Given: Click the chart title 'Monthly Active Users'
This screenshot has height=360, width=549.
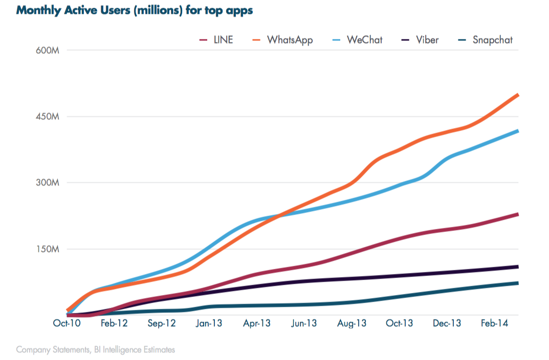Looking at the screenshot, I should click(x=135, y=10).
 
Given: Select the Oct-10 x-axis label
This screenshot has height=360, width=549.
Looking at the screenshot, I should click(x=67, y=324).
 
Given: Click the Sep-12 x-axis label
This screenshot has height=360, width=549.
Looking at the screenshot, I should click(x=162, y=324).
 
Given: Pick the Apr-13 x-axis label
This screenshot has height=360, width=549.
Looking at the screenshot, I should click(x=257, y=324).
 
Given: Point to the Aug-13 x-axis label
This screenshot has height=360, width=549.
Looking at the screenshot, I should click(x=352, y=324).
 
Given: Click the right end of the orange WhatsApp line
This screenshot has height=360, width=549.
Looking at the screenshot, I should click(x=518, y=95).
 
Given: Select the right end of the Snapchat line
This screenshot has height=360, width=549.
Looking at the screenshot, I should click(x=518, y=283).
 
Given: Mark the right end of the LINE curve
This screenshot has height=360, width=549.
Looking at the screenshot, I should click(x=518, y=214).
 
